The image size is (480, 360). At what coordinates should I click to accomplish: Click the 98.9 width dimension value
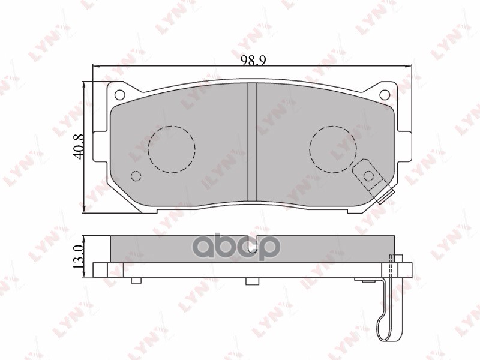[253, 61]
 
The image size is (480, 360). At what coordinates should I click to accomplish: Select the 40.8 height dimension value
[79, 146]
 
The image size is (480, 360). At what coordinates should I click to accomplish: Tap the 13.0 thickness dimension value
[79, 256]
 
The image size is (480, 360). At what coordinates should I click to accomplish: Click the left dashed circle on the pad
[172, 149]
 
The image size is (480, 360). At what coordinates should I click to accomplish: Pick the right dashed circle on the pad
[333, 149]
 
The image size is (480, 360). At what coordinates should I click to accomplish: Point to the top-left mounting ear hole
[119, 95]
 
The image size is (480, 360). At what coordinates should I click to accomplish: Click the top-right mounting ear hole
[385, 95]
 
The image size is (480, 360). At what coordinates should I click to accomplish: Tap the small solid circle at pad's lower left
[136, 176]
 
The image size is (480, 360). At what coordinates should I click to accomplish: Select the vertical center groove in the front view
[252, 142]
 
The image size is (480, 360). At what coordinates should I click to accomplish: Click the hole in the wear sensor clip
[368, 176]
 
